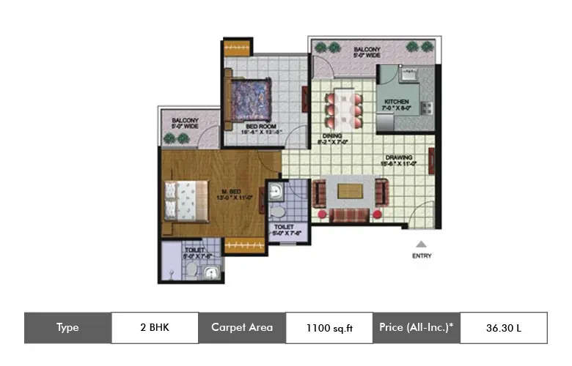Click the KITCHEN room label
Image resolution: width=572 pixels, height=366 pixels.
tap(397, 102)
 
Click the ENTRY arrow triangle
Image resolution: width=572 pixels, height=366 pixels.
tap(421, 245)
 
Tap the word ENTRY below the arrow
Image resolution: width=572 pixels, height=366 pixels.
tap(421, 256)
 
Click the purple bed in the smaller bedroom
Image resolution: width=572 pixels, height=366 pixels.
tap(249, 97)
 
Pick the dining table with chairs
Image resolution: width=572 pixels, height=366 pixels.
tap(343, 107)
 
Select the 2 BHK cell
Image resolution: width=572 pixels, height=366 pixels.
tap(155, 328)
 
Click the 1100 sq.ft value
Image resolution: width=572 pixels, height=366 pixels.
tap(329, 328)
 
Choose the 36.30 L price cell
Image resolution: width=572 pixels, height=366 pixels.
tap(503, 328)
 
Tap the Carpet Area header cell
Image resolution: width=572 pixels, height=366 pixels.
tap(242, 328)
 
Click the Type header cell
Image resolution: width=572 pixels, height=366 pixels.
tap(67, 328)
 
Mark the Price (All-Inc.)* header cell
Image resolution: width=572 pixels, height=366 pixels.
tap(417, 328)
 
